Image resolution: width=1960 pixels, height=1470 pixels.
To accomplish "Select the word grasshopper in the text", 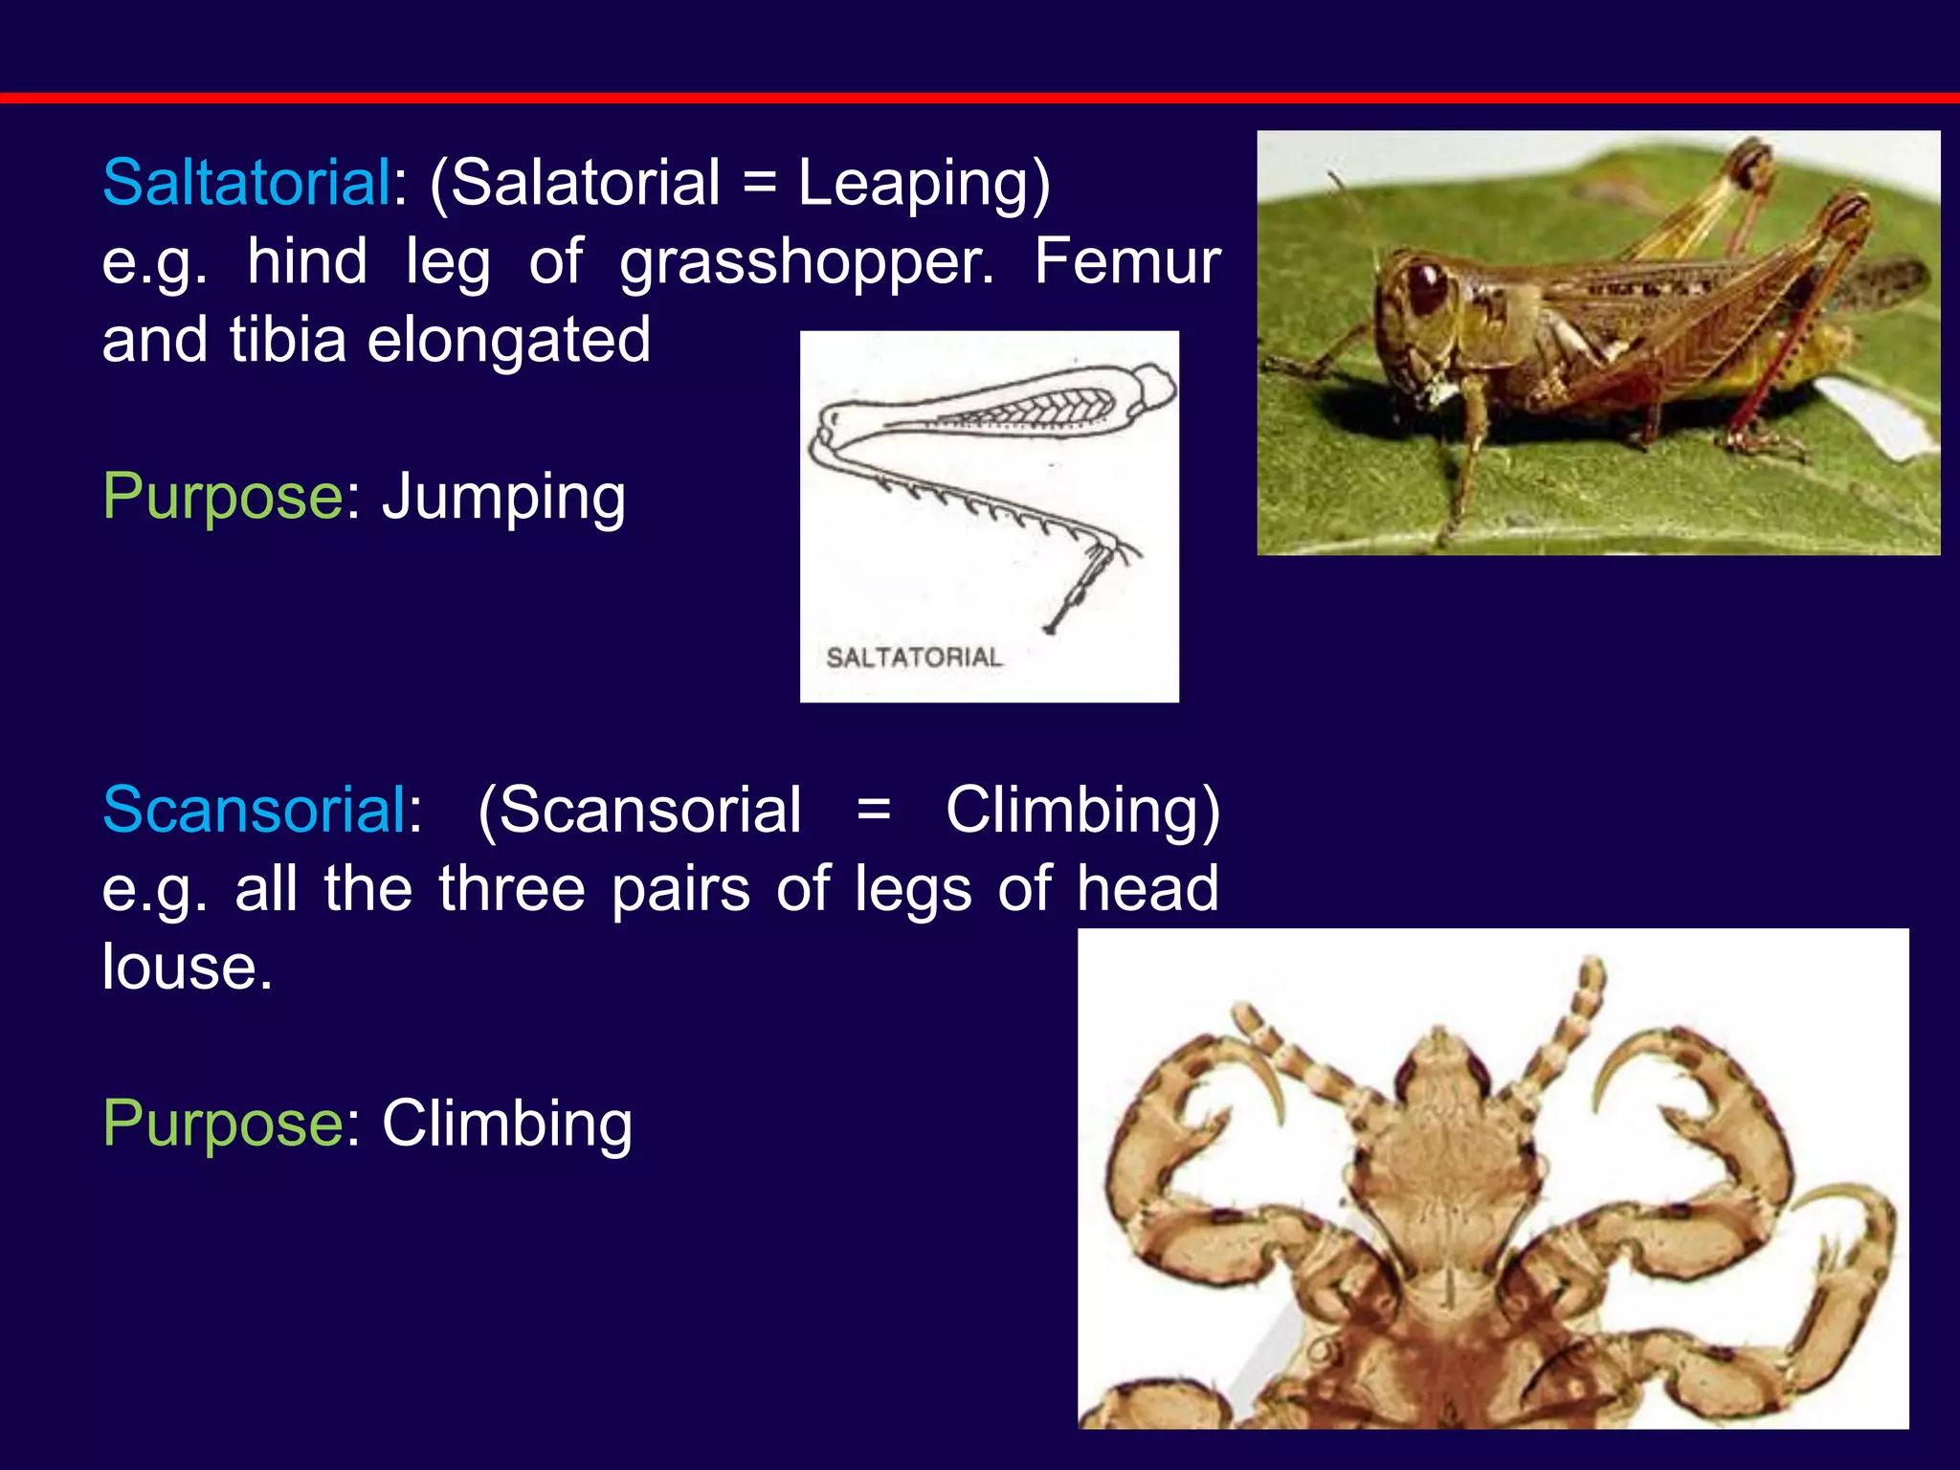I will pyautogui.click(x=807, y=261).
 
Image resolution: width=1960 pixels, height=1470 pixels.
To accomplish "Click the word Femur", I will pyautogui.click(x=1126, y=261).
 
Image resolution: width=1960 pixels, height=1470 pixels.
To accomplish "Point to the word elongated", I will pyautogui.click(x=508, y=340).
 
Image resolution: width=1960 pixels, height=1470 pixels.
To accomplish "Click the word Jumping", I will pyautogui.click(x=503, y=498).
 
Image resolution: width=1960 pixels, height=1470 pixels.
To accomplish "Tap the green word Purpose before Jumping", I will pyautogui.click(x=222, y=498).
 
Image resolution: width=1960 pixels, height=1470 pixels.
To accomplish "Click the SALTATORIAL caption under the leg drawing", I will pyautogui.click(x=914, y=657).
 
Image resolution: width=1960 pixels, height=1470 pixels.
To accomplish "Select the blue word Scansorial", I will pyautogui.click(x=255, y=810).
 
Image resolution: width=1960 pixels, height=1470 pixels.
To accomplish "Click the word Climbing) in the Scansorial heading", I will pyautogui.click(x=1082, y=810).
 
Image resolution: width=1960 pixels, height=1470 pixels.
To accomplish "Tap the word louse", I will pyautogui.click(x=187, y=967).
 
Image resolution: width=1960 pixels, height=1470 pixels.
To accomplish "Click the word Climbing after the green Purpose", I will pyautogui.click(x=507, y=1123).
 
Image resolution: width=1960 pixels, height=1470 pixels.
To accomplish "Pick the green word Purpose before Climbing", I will pyautogui.click(x=222, y=1125).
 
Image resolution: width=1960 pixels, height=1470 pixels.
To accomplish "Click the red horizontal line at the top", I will pyautogui.click(x=980, y=98).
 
